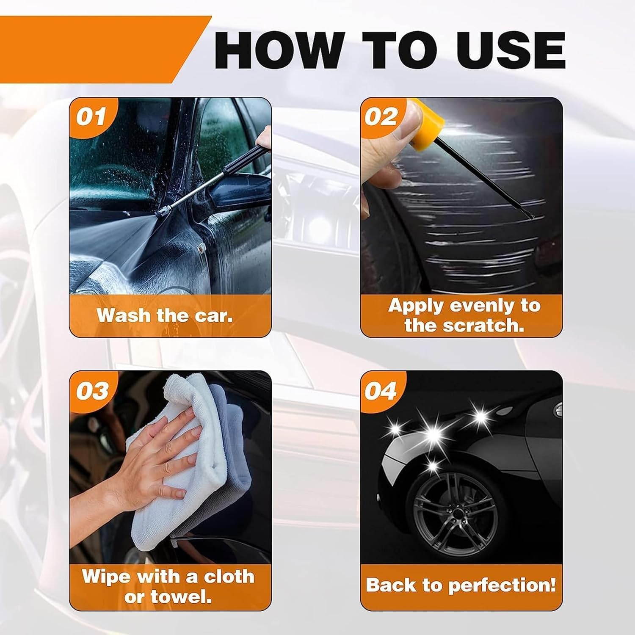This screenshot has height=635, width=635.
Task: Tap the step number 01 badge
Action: pos(90,117)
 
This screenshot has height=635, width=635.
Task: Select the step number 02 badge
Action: pos(381,117)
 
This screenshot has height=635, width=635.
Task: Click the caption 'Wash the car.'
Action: pos(165,316)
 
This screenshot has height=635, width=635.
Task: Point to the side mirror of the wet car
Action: pos(237,190)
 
